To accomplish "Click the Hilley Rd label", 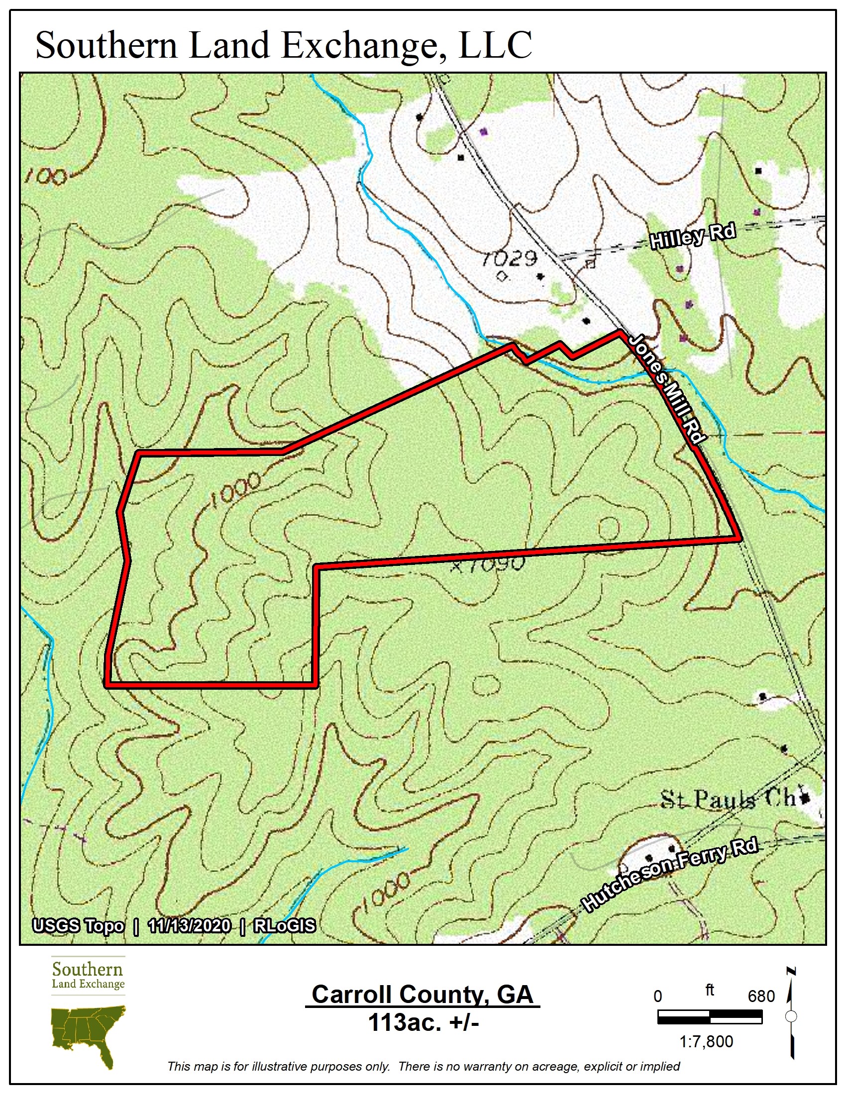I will (693, 236).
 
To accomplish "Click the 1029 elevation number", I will (509, 259).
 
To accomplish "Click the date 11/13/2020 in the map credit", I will (190, 925).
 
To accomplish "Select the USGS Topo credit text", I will (78, 925).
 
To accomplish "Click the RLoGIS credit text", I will (285, 925).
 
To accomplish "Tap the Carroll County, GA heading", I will (423, 995).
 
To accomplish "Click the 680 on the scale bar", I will (761, 997).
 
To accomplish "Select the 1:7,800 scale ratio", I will (706, 1042).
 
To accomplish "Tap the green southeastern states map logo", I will (88, 1032).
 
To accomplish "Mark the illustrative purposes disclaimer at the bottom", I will (423, 1067).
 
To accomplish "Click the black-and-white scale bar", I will (710, 1017).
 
